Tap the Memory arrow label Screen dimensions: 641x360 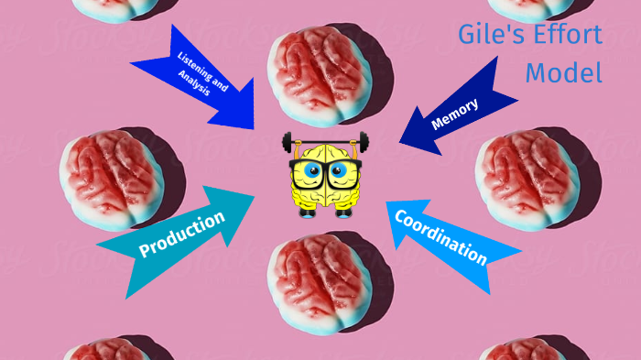point(454,115)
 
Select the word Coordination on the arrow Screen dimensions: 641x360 point(440,235)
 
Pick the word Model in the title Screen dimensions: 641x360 point(563,73)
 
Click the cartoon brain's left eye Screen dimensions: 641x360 point(311,171)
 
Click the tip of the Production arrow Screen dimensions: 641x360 point(254,196)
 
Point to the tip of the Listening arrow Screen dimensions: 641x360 point(253,128)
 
